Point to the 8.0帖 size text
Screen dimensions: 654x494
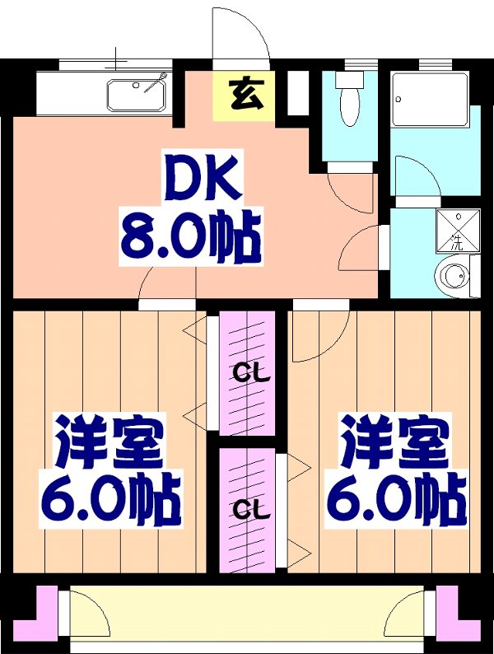pos(191,237)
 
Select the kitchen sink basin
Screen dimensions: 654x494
pos(137,96)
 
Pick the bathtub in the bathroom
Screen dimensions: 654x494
pos(431,100)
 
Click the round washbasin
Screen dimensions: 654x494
pos(452,274)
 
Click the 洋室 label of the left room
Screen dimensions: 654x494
pos(109,441)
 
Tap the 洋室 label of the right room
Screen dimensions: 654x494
pos(395,441)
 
